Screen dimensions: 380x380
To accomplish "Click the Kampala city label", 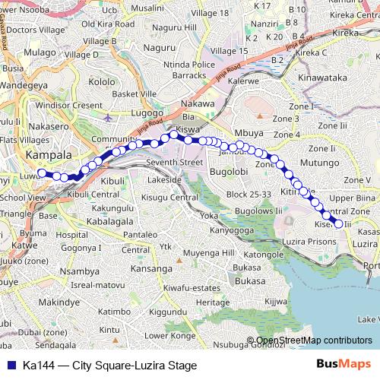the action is point(49,155).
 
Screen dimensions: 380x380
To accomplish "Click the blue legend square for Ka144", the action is point(10,366).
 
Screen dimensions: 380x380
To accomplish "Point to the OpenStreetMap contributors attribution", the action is point(314,340).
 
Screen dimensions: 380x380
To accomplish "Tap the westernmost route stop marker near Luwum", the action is point(40,173).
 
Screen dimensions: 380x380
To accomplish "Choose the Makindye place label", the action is point(59,302).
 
